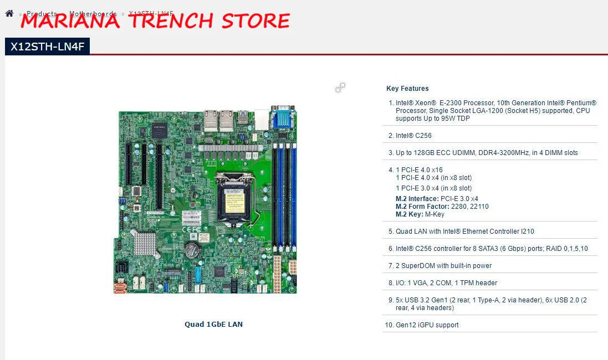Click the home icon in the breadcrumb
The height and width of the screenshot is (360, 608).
[9, 13]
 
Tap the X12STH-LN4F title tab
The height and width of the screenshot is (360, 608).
[47, 47]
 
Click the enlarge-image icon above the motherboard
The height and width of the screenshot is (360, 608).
[340, 88]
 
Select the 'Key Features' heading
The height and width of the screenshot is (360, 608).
[407, 89]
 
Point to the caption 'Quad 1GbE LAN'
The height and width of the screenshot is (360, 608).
[213, 324]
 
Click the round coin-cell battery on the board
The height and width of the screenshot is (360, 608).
[192, 250]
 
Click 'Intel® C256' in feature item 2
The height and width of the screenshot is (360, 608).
[413, 136]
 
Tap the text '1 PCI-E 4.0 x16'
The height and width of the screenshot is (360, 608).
[419, 170]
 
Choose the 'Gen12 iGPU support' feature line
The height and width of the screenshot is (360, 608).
[427, 325]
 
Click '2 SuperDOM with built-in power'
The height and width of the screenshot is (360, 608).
[443, 266]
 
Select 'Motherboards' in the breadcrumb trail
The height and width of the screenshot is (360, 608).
[93, 13]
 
